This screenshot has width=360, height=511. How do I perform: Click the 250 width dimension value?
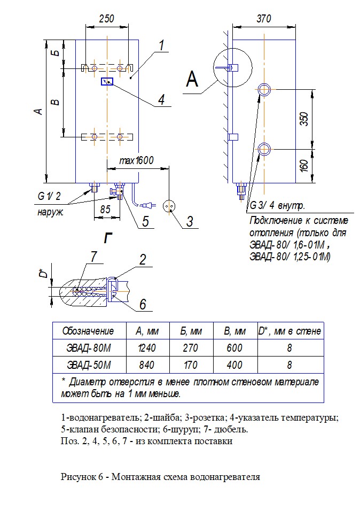(x=107, y=19)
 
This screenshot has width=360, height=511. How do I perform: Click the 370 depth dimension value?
(x=263, y=19)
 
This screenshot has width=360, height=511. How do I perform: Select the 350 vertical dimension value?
(x=304, y=119)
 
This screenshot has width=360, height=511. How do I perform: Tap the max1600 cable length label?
(x=136, y=160)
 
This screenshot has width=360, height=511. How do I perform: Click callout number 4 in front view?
(x=161, y=99)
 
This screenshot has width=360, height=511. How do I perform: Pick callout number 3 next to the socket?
(x=190, y=221)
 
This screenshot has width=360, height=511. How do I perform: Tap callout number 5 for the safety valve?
(x=145, y=220)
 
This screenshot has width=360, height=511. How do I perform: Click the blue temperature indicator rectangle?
(x=107, y=81)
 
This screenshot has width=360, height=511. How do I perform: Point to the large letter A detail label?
(x=192, y=80)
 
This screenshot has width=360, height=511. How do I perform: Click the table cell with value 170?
(x=190, y=366)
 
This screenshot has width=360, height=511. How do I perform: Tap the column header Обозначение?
(x=88, y=331)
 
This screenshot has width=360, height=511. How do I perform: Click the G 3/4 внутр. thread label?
(x=277, y=206)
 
